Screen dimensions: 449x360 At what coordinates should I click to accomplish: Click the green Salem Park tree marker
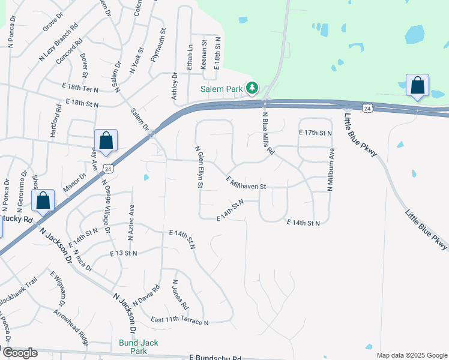point(252,89)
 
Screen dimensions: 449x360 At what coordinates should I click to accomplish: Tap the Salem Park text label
point(221,89)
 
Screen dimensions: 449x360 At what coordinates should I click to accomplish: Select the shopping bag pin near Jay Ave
point(106,142)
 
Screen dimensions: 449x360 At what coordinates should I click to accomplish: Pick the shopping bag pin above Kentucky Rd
point(43,201)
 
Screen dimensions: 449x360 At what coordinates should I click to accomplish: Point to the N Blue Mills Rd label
point(268,133)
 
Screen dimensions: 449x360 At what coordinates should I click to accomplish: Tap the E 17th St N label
point(315,132)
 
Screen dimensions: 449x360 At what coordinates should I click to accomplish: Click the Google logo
point(19,353)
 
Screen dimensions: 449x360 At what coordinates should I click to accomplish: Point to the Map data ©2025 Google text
point(412,355)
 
